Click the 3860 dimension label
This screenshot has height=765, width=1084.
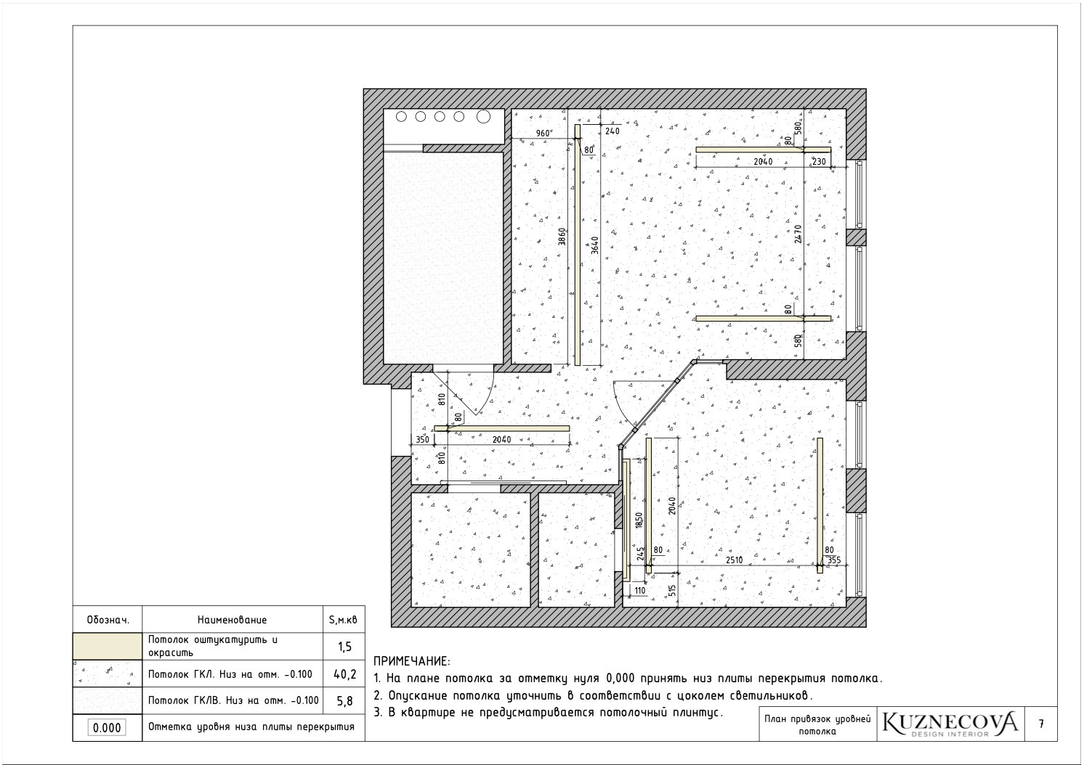pos(562,237)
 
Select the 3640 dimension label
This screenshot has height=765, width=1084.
pos(595,245)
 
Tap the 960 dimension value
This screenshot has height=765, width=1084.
pos(543,134)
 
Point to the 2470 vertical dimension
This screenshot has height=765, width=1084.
pos(798,234)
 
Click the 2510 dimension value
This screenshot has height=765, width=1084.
pos(734,560)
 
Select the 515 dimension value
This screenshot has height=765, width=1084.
pos(671,590)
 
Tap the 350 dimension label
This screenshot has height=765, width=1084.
pos(422,440)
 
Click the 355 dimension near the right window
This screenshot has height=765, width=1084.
pos(834,560)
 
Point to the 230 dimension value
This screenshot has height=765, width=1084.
pos(819,162)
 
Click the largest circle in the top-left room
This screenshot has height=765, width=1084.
pos(483,117)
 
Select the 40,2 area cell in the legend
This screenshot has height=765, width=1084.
pos(344,674)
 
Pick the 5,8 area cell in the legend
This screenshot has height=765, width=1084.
pos(344,700)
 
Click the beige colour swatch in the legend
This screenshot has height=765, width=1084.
pos(108,647)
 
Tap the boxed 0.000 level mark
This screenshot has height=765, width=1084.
pos(107,728)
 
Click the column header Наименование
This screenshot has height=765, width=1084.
pos(232,620)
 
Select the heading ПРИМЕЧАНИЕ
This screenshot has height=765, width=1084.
pos(412,661)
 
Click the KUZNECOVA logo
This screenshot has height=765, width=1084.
pos(950,724)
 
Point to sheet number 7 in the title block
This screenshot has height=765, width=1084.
pos(1041,724)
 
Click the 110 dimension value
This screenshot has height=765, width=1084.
pos(640,590)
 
